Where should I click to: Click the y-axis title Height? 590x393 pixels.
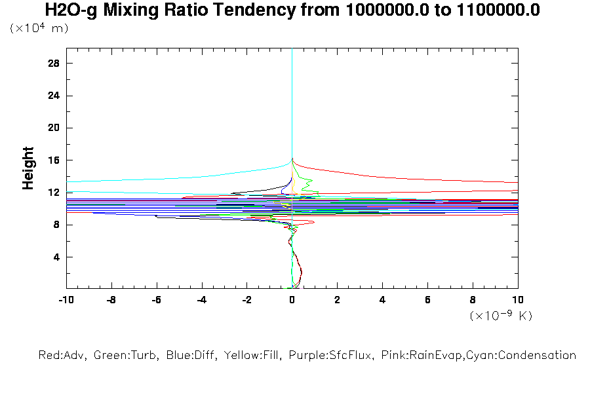click(28, 168)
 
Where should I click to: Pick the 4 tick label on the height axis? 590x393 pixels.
click(57, 257)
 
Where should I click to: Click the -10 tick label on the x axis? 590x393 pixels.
click(66, 300)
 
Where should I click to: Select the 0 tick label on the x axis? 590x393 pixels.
click(292, 300)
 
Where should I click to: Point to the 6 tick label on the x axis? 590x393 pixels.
click(427, 300)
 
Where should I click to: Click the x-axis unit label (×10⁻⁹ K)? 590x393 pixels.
click(501, 316)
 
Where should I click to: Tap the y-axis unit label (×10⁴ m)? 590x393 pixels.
click(39, 28)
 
